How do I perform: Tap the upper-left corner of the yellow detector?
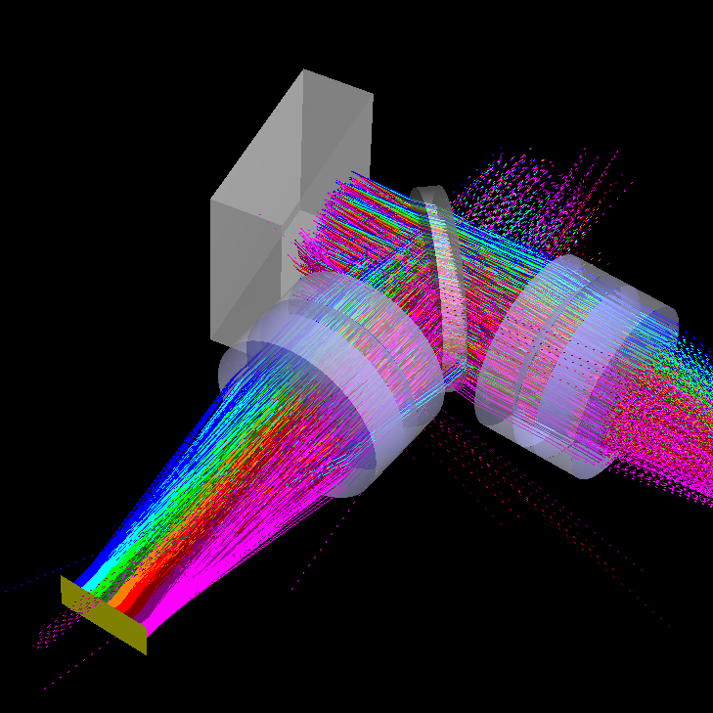[x=62, y=576]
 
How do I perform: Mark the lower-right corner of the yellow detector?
[x=146, y=653]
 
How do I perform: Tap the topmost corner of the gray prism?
[x=304, y=70]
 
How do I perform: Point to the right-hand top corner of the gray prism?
[x=373, y=94]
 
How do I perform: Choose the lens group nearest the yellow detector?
[x=333, y=381]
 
